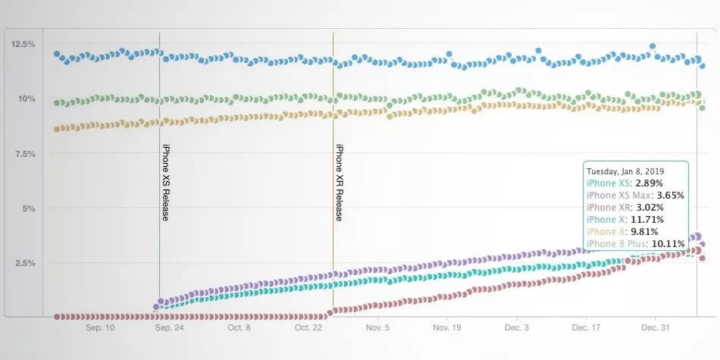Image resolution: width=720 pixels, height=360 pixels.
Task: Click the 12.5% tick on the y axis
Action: (23, 44)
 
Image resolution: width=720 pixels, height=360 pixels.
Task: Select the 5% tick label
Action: (29, 208)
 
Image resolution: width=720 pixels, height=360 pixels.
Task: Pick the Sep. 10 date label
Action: (99, 328)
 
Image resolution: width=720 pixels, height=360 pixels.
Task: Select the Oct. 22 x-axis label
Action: (308, 328)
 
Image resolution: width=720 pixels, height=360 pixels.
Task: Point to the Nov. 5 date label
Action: (377, 328)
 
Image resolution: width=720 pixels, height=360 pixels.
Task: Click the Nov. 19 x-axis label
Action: (447, 328)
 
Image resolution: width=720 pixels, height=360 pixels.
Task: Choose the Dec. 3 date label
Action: (516, 328)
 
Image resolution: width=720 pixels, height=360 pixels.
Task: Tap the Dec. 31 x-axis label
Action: (656, 328)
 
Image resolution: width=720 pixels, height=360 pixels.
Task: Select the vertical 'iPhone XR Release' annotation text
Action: (340, 182)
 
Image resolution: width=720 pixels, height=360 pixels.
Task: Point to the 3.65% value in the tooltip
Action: (669, 195)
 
